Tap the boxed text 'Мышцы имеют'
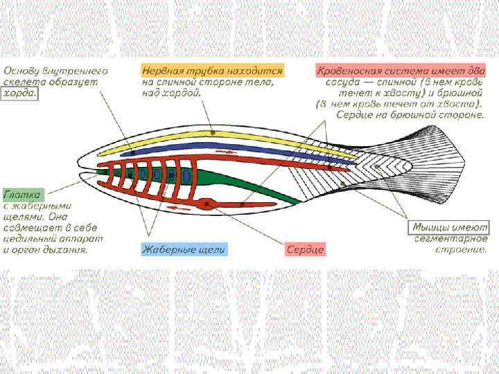pos(450,226)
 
